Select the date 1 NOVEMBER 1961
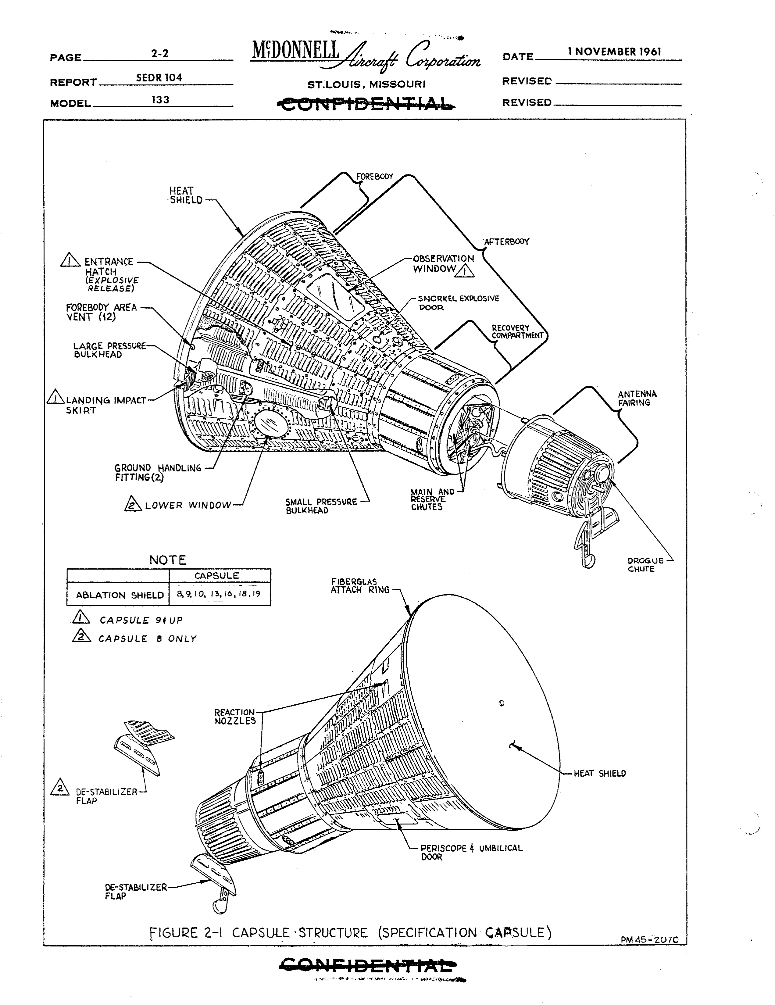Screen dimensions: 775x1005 [614, 52]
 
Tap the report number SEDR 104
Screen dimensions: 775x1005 [159, 78]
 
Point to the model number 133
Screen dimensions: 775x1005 [160, 99]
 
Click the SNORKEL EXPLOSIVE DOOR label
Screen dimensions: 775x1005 [458, 303]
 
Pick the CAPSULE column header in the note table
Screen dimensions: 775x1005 [217, 576]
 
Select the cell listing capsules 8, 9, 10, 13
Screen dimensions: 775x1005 [220, 594]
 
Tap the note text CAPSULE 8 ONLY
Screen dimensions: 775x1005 [147, 639]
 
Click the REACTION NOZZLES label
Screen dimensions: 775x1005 [235, 717]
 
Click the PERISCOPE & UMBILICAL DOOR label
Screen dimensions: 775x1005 [472, 852]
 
